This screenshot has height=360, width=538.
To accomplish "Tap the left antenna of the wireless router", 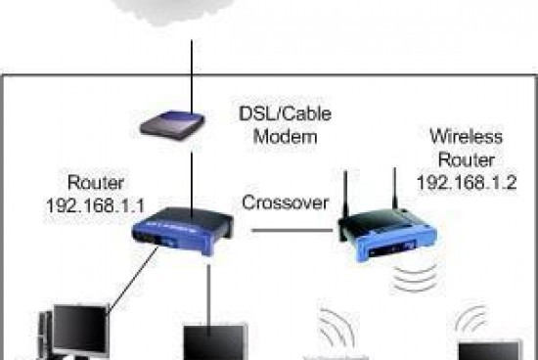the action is click(346, 196).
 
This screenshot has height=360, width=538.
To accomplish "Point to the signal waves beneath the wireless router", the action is click(411, 279).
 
